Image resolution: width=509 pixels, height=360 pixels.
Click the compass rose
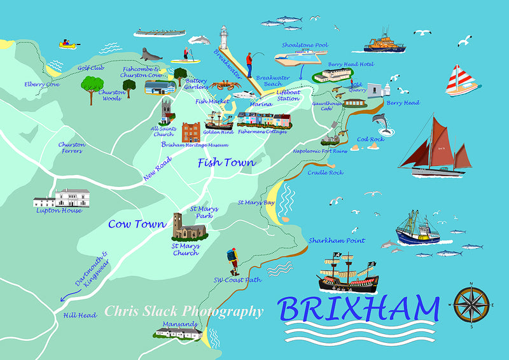point(471,305)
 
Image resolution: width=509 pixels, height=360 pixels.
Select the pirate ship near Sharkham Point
point(347,274)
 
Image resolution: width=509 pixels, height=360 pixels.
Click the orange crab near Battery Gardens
point(222,85)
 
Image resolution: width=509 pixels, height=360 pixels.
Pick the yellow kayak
point(67,45)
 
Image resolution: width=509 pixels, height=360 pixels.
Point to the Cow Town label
point(137,224)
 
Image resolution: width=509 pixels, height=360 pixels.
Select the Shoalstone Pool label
point(305,45)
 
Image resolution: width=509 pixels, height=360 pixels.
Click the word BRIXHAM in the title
point(358,310)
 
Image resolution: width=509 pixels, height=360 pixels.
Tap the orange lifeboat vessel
point(384,42)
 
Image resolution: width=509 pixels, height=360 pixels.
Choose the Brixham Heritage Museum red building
point(191,132)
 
